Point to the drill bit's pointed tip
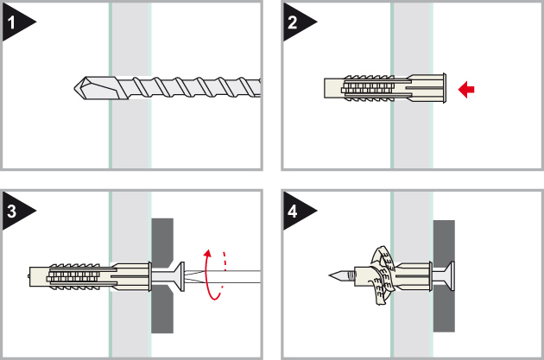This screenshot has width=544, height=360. click(x=74, y=88)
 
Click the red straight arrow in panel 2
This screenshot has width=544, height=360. click(x=466, y=90)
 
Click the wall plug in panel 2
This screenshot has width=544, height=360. click(x=385, y=88)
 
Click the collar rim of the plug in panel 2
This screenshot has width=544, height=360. click(x=445, y=88)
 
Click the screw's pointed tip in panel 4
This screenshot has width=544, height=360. click(x=330, y=275)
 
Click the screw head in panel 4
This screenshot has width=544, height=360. click(x=450, y=276)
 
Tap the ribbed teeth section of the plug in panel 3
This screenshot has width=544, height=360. click(x=74, y=276)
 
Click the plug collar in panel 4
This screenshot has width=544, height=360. click(x=430, y=276)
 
